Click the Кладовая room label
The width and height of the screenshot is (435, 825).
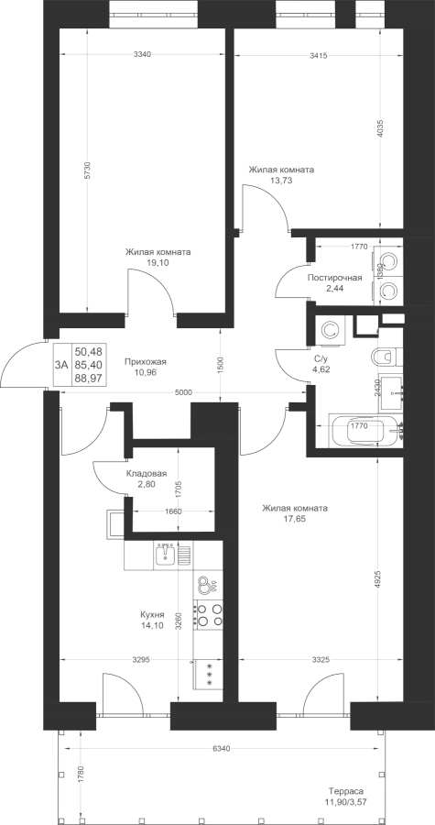pyautogui.click(x=147, y=474)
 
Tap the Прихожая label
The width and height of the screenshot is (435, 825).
pyautogui.click(x=146, y=361)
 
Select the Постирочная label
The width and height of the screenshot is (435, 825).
pyautogui.click(x=334, y=278)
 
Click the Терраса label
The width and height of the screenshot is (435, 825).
pyautogui.click(x=345, y=791)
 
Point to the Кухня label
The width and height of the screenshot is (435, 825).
pyautogui.click(x=152, y=614)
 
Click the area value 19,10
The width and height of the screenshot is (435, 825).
pyautogui.click(x=158, y=262)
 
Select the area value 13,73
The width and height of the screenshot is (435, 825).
pyautogui.click(x=281, y=180)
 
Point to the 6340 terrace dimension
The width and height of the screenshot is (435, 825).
pyautogui.click(x=223, y=748)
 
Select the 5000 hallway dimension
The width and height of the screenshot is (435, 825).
pyautogui.click(x=184, y=392)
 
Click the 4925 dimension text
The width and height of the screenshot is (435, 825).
pyautogui.click(x=378, y=580)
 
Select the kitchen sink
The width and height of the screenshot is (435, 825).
pyautogui.click(x=166, y=554)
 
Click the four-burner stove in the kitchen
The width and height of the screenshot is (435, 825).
pyautogui.click(x=209, y=614)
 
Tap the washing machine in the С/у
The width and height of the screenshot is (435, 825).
pyautogui.click(x=331, y=330)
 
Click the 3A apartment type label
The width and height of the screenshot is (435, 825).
pyautogui.click(x=62, y=364)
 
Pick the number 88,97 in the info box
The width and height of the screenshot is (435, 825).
pyautogui.click(x=89, y=378)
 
